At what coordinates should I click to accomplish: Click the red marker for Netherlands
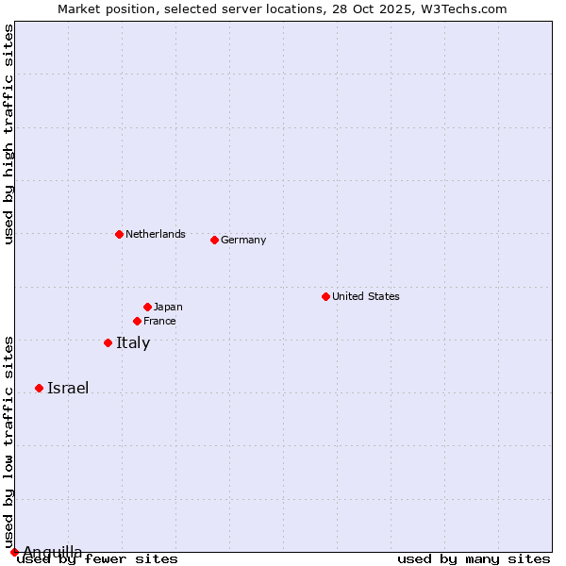(119, 234)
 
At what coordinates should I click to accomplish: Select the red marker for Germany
(214, 240)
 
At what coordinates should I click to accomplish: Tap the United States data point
(325, 296)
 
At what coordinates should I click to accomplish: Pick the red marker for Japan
(147, 307)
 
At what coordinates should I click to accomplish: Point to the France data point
(137, 321)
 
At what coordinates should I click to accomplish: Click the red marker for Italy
(108, 342)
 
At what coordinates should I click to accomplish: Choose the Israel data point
(39, 388)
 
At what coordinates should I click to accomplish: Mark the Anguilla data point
(14, 552)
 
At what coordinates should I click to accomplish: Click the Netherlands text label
(156, 234)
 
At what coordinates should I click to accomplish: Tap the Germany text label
(243, 240)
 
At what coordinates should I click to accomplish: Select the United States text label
(366, 296)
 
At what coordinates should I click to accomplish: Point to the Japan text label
(168, 307)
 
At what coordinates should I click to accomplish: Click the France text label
(159, 321)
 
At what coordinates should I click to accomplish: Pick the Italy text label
(133, 342)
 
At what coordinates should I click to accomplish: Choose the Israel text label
(68, 388)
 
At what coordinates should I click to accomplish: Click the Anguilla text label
(53, 552)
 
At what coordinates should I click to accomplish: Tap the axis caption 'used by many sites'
(474, 559)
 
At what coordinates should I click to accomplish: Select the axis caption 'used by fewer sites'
(98, 559)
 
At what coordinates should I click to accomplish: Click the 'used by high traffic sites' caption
(8, 134)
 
